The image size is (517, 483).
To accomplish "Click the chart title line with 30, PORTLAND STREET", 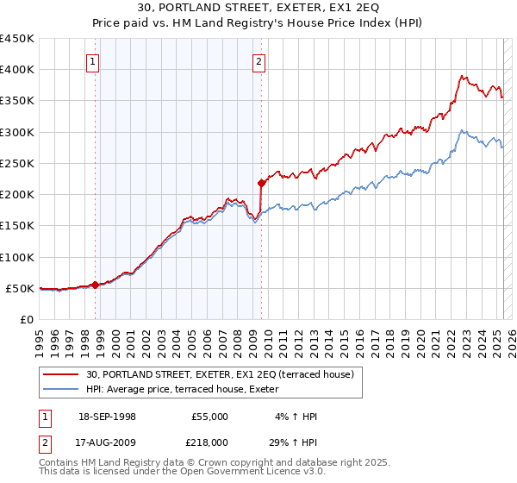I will [258, 9].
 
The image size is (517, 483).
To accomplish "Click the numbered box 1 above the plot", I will [92, 61].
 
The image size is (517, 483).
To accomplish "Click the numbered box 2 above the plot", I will [258, 61].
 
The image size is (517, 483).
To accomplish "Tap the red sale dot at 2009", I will [260, 183].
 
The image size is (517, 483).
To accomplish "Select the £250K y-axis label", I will [17, 163].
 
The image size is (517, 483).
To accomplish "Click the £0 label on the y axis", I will [27, 319].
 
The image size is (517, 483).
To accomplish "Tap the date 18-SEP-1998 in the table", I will [107, 417].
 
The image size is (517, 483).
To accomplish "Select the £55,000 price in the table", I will [209, 417].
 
